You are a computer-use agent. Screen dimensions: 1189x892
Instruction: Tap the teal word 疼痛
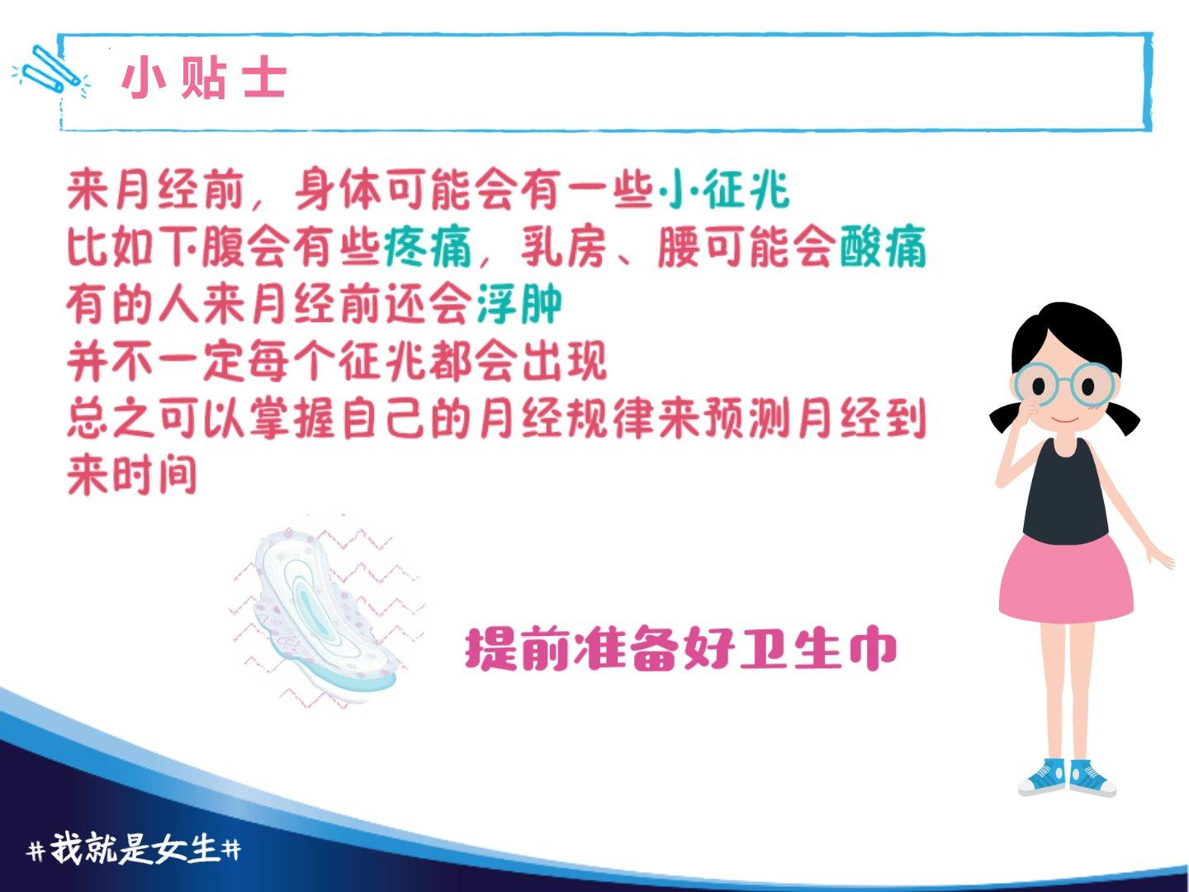tap(428, 247)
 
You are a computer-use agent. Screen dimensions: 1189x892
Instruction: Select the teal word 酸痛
tap(883, 247)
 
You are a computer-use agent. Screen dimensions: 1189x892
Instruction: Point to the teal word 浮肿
tap(519, 304)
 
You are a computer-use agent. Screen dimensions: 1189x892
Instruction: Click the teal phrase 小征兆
tap(723, 190)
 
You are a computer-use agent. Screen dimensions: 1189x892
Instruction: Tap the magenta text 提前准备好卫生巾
tap(681, 649)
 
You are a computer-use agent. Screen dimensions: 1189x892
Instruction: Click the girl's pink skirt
tap(1066, 578)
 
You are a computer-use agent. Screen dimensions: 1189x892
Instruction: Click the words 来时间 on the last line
tap(131, 474)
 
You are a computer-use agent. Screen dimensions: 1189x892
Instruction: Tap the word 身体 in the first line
tap(339, 190)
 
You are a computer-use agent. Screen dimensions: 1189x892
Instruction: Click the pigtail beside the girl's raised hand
tap(1007, 418)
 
